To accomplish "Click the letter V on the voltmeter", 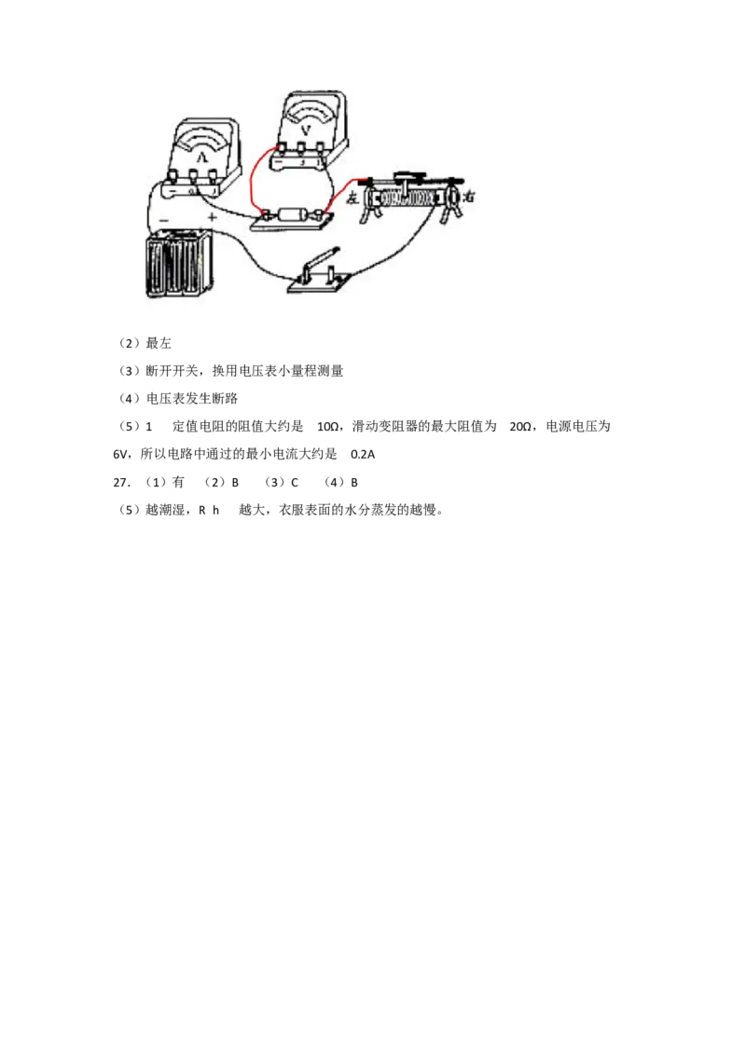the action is pyautogui.click(x=307, y=129).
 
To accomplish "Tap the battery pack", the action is pyautogui.click(x=180, y=263).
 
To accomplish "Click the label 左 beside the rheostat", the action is pyautogui.click(x=352, y=198).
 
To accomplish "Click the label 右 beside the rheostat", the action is pyautogui.click(x=469, y=197).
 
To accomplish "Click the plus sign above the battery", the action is pyautogui.click(x=212, y=217).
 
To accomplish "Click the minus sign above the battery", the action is pyautogui.click(x=163, y=220).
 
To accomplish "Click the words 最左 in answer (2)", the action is pyautogui.click(x=159, y=343).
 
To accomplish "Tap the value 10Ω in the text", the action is pyautogui.click(x=328, y=427).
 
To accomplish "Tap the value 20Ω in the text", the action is pyautogui.click(x=520, y=427).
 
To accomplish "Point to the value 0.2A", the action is pyautogui.click(x=363, y=454).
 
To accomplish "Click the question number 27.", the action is pyautogui.click(x=121, y=483).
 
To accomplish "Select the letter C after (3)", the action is pyautogui.click(x=295, y=483).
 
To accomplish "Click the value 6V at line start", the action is pyautogui.click(x=119, y=454).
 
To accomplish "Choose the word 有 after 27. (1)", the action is pyautogui.click(x=178, y=482).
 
